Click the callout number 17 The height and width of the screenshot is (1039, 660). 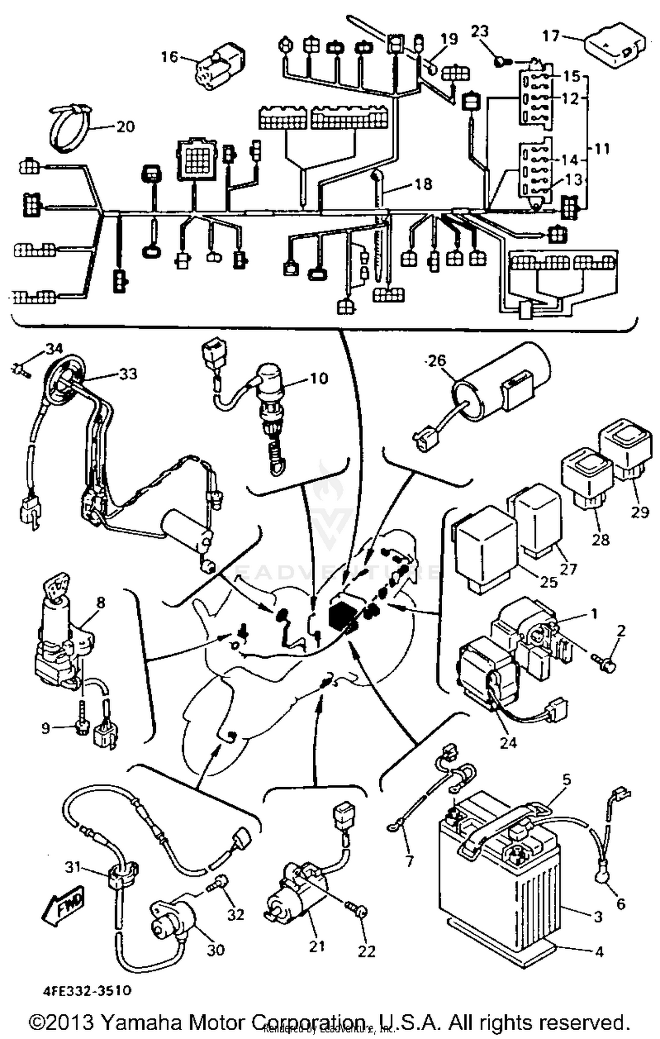pos(550,36)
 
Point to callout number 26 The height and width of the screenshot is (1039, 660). pos(436,361)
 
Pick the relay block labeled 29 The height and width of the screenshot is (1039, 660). pos(625,447)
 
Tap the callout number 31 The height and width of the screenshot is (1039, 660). pos(73,867)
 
